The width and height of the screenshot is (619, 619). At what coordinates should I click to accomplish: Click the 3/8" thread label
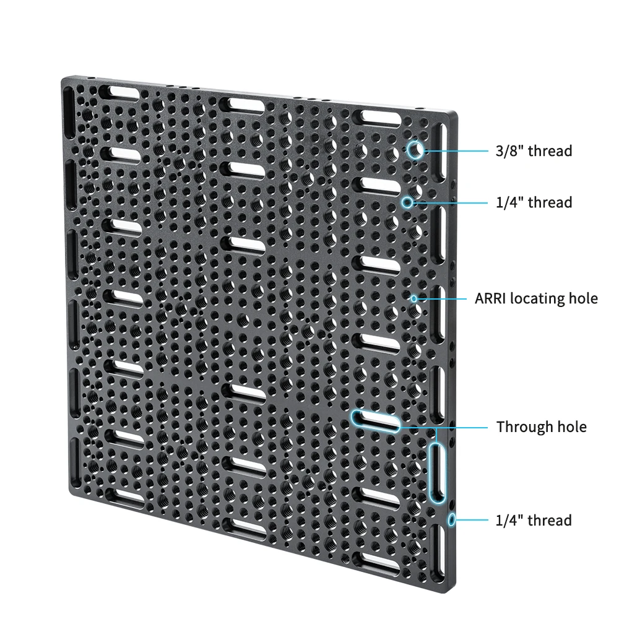(534, 151)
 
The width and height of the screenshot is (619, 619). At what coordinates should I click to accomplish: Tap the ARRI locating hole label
(536, 298)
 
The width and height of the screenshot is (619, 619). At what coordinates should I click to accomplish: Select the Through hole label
(541, 426)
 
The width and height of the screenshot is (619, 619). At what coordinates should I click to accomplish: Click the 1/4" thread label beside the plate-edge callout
(534, 520)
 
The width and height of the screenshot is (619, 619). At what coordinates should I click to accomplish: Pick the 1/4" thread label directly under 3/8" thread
(534, 202)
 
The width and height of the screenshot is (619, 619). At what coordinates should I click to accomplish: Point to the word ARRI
(490, 298)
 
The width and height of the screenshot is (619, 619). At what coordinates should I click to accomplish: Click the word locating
(537, 299)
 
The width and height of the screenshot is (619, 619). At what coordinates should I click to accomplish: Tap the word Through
(524, 426)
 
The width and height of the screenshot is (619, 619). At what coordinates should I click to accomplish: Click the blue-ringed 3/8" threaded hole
(415, 150)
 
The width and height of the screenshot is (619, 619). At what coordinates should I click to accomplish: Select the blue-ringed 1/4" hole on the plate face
(407, 202)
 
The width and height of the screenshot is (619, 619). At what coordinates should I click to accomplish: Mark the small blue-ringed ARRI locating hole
(413, 299)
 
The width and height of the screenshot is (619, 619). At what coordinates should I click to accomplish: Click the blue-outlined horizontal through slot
(376, 421)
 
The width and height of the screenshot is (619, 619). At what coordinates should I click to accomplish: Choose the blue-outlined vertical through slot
(436, 472)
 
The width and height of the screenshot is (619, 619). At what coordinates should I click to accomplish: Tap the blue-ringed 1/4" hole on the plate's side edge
(452, 519)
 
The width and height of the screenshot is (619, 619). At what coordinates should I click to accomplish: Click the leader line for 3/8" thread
(456, 151)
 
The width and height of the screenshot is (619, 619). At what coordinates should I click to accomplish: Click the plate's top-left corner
(63, 79)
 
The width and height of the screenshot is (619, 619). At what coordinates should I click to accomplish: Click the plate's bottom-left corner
(70, 493)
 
